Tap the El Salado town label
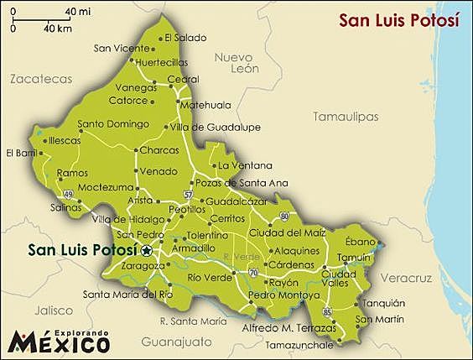[185, 37]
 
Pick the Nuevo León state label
[234, 63]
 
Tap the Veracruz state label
[405, 277]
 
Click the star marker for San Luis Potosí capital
[147, 250]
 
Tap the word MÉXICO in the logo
[59, 342]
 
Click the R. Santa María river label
[193, 321]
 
